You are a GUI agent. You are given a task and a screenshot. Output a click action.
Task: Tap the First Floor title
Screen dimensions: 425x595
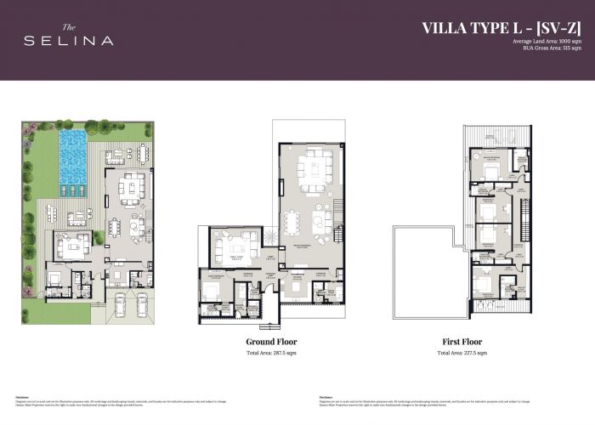click(x=462, y=342)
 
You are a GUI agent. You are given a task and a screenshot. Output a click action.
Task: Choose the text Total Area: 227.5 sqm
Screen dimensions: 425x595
click(x=462, y=352)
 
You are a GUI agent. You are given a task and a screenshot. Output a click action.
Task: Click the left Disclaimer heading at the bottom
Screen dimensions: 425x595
click(x=23, y=396)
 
